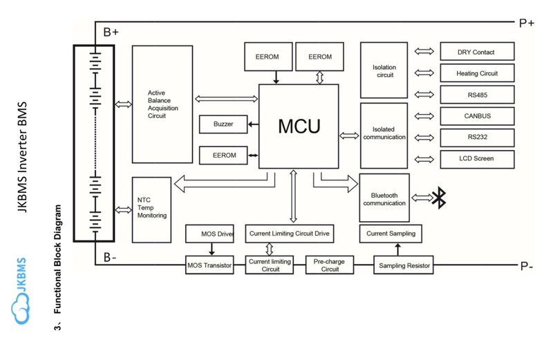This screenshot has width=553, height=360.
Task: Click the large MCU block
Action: [299, 126]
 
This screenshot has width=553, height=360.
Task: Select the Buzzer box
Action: [223, 124]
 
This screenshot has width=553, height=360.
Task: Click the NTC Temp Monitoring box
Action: [151, 208]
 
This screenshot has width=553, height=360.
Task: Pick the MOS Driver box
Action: [212, 234]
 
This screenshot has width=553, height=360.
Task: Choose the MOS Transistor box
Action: [212, 263]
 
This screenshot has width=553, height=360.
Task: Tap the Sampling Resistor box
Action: [403, 264]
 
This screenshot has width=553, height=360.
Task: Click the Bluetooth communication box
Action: [384, 199]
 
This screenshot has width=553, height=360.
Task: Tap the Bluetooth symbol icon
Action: [438, 198]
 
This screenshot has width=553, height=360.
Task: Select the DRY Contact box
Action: [476, 51]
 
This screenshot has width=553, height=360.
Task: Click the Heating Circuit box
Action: [476, 73]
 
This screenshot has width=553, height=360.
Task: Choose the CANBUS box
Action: [476, 115]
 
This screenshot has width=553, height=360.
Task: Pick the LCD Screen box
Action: [476, 159]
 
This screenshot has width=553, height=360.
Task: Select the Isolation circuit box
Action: [384, 70]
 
